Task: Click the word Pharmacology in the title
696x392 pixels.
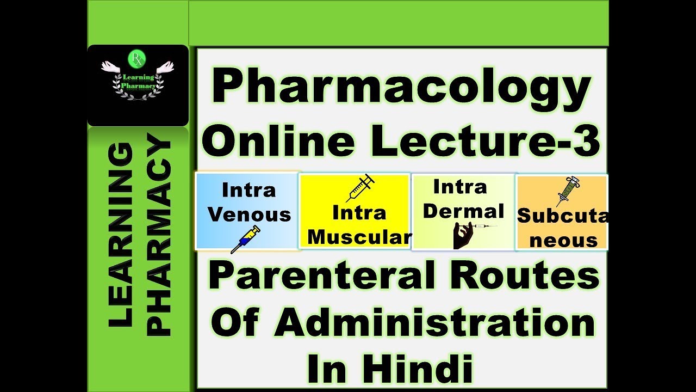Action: pyautogui.click(x=401, y=89)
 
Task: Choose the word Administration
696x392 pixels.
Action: pyautogui.click(x=434, y=323)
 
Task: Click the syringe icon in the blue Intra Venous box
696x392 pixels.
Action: pyautogui.click(x=245, y=240)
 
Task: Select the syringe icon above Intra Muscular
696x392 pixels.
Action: pyautogui.click(x=360, y=188)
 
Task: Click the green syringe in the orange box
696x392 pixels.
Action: pyautogui.click(x=568, y=191)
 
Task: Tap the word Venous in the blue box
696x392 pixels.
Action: pyautogui.click(x=250, y=215)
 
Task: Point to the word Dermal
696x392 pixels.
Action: pyautogui.click(x=464, y=211)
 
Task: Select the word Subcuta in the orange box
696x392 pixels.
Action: pyautogui.click(x=562, y=216)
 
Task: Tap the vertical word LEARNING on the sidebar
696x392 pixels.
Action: pyautogui.click(x=121, y=234)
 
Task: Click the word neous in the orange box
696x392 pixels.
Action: pyautogui.click(x=563, y=240)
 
